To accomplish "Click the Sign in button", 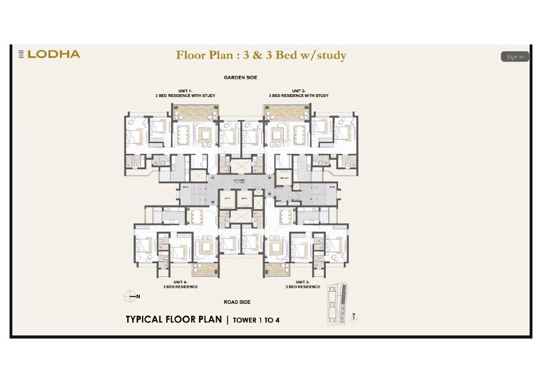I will tap(514, 56).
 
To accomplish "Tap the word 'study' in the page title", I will tap(328, 55).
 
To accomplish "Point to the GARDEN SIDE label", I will tap(240, 76).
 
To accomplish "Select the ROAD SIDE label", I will tap(240, 301).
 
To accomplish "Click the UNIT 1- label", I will tap(185, 91).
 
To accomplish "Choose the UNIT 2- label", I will tap(298, 91).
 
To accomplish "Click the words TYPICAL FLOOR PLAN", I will tap(174, 320).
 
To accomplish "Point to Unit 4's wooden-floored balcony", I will tap(205, 270).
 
